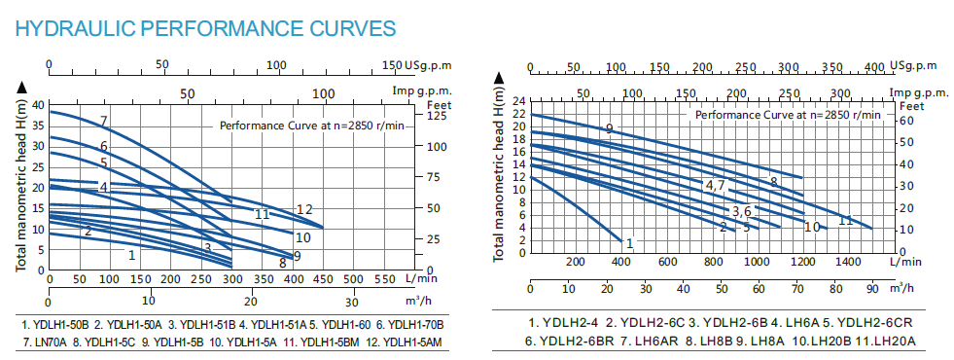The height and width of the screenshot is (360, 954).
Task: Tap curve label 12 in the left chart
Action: click(304, 209)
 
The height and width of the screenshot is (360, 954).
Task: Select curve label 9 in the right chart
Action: click(609, 129)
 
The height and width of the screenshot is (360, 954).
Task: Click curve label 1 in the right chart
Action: click(629, 243)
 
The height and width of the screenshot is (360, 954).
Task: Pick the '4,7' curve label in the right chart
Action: click(716, 185)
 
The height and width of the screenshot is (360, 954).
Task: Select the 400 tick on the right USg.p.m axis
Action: click(873, 67)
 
